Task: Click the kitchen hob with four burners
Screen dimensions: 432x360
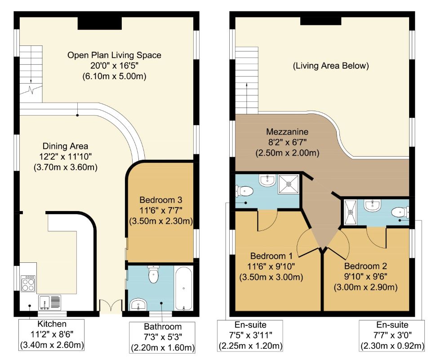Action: (x=28, y=283)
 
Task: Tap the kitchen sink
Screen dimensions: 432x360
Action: (x=49, y=302)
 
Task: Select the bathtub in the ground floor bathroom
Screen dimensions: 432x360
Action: (x=184, y=288)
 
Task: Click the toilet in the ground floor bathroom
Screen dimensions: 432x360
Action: (x=153, y=274)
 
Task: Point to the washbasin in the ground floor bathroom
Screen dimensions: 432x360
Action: (x=138, y=304)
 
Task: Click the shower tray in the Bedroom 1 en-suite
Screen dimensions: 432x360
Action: (x=289, y=184)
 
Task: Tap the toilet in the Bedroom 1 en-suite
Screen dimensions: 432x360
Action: (x=244, y=191)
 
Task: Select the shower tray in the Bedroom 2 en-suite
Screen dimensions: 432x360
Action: (x=350, y=212)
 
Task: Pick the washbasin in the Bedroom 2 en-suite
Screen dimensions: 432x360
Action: (x=373, y=206)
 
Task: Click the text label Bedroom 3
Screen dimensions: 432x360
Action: (x=161, y=200)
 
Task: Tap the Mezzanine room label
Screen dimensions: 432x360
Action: (x=287, y=131)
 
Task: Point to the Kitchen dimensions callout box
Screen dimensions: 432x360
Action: (x=52, y=335)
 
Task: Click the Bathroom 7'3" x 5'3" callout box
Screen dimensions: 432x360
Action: (x=163, y=337)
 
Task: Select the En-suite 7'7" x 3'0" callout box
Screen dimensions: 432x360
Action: (x=392, y=335)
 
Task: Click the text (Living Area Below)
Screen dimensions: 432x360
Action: (x=330, y=66)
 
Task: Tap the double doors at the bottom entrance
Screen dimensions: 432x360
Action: (x=111, y=306)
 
